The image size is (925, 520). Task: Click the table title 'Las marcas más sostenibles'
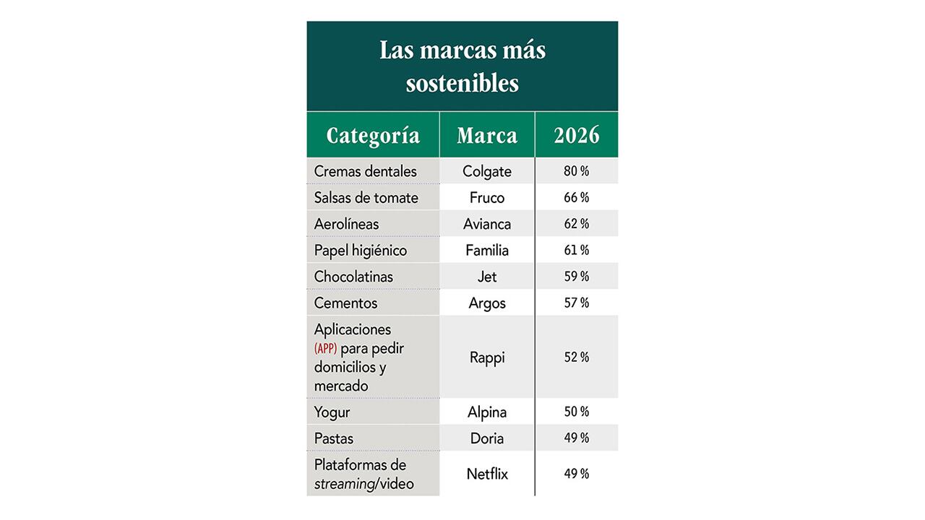pyautogui.click(x=462, y=66)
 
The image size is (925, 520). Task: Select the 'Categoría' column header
pyautogui.click(x=373, y=136)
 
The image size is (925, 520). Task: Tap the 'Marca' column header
pyautogui.click(x=487, y=136)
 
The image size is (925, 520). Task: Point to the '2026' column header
pyautogui.click(x=576, y=136)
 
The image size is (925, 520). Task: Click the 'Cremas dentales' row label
pyautogui.click(x=366, y=171)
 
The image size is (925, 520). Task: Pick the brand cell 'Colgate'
pyautogui.click(x=487, y=171)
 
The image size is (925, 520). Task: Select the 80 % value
pyautogui.click(x=576, y=171)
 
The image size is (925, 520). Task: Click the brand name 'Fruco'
pyautogui.click(x=487, y=197)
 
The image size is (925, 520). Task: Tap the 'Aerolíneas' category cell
pyautogui.click(x=346, y=224)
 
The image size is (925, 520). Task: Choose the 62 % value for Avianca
pyautogui.click(x=576, y=224)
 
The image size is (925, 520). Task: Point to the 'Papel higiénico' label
pyautogui.click(x=361, y=250)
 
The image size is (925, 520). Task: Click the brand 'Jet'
pyautogui.click(x=487, y=277)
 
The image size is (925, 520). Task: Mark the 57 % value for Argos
pyautogui.click(x=576, y=303)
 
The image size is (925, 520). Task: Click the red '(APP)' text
pyautogui.click(x=326, y=349)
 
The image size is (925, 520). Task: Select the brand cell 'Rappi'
pyautogui.click(x=487, y=357)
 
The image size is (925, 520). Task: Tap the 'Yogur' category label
pyautogui.click(x=332, y=412)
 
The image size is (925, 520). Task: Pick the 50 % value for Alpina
pyautogui.click(x=576, y=412)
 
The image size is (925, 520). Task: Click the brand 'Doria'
pyautogui.click(x=487, y=438)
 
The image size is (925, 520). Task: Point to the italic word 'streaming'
pyautogui.click(x=344, y=484)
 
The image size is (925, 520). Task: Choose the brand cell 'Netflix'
pyautogui.click(x=487, y=474)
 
